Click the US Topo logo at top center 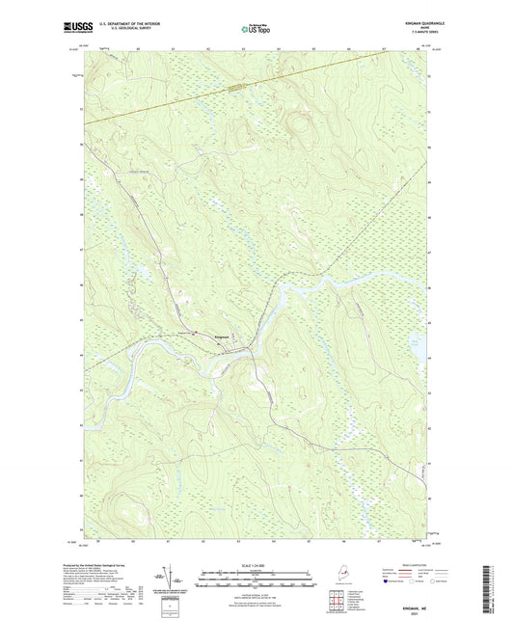[x=257, y=30]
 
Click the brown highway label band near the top [x=237, y=86]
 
